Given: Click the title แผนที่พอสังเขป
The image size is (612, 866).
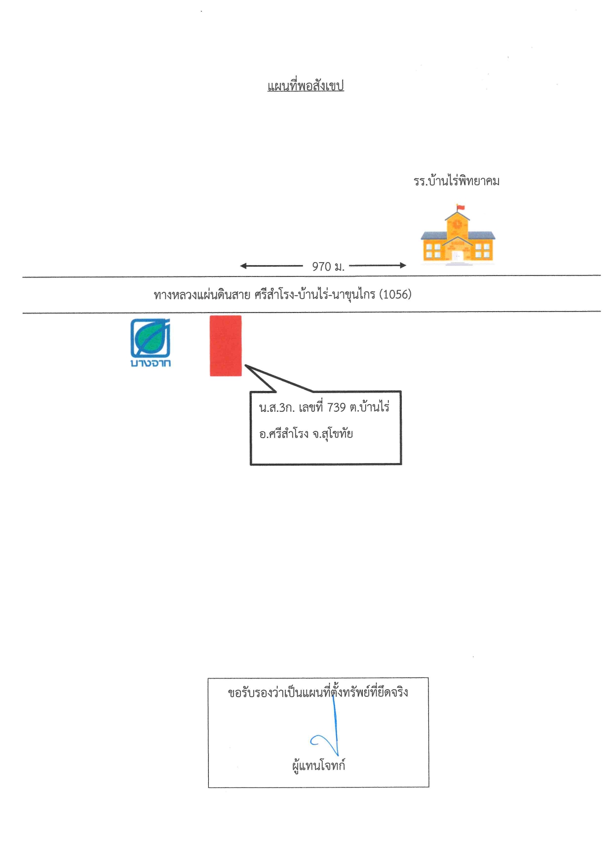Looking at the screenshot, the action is [x=306, y=86].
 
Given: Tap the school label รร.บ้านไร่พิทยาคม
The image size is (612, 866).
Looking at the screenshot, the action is [x=457, y=181].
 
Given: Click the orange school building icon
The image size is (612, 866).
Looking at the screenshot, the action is [x=458, y=235].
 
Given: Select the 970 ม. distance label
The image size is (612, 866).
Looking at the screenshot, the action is [x=328, y=267].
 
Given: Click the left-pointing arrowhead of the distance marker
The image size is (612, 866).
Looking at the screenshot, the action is [x=243, y=266].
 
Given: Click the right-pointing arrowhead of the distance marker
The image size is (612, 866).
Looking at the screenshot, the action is [x=403, y=265].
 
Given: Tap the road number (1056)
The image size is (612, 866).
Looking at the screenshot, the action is [x=395, y=294].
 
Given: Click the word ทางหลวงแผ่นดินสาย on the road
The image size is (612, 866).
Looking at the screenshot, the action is [x=202, y=295].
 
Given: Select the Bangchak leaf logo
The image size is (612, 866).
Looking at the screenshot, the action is [x=151, y=338].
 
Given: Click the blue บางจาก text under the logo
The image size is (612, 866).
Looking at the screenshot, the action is [x=151, y=363].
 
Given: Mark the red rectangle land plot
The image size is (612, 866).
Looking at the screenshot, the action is [x=226, y=346].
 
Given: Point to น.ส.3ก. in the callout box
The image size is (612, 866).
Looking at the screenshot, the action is [x=277, y=408].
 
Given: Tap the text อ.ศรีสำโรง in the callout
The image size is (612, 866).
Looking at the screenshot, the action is [x=284, y=434].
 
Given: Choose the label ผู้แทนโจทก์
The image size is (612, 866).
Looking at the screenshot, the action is [x=319, y=766].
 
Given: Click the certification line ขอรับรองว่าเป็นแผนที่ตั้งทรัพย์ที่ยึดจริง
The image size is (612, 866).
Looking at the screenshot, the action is [x=318, y=692].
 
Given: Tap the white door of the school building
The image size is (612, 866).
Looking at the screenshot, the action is [x=458, y=256].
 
